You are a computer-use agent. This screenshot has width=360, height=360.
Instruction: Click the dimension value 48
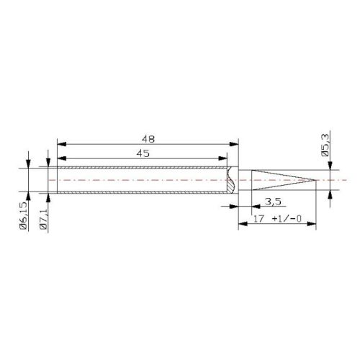(x=148, y=139)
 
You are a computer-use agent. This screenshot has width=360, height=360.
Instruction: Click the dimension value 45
(x=143, y=153)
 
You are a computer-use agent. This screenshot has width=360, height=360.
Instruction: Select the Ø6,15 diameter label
(x=24, y=215)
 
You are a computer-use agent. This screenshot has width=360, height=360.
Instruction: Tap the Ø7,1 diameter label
(x=43, y=219)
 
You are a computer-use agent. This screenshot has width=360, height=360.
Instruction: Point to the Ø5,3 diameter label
(x=325, y=145)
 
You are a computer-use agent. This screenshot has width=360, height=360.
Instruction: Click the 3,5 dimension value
(x=273, y=201)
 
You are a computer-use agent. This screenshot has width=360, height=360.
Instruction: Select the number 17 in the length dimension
(x=258, y=219)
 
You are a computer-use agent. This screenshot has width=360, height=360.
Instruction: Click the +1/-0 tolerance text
(x=287, y=219)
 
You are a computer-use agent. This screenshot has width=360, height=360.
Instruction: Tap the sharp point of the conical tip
(x=315, y=180)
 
